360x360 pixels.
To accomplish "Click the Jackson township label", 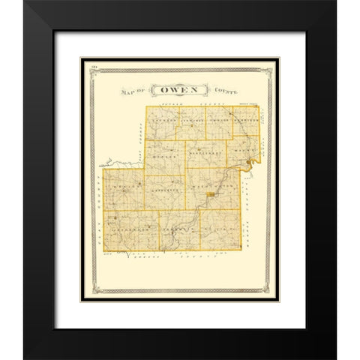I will [x=163, y=119].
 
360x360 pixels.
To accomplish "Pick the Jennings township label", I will [x=191, y=119].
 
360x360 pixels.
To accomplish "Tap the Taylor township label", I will [x=218, y=119].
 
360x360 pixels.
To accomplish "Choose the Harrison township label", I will [x=244, y=119].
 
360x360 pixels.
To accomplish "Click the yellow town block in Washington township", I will [x=212, y=196].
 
